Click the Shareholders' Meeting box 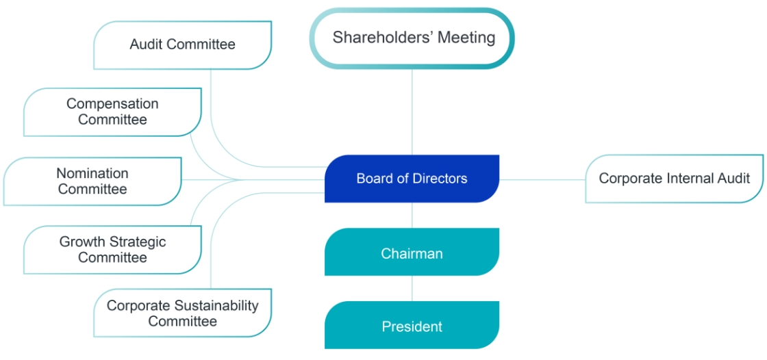click(412, 38)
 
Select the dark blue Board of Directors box click(412, 179)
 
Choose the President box click(412, 325)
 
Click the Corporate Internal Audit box click(674, 179)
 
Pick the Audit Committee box click(182, 45)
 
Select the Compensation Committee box click(112, 112)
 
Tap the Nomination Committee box click(92, 181)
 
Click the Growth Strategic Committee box click(112, 250)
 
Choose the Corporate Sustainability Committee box click(182, 313)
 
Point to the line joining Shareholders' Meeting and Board click(412, 112)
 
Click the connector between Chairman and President click(412, 289)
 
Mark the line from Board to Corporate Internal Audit click(542, 179)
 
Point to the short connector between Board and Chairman click(412, 215)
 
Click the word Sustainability click(216, 306)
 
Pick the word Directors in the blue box click(442, 179)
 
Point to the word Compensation click(112, 104)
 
